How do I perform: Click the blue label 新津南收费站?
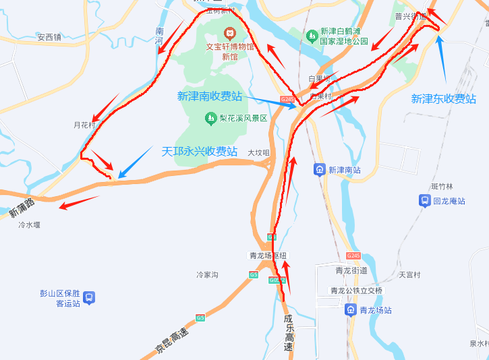(209, 96)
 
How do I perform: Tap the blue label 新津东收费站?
(443, 99)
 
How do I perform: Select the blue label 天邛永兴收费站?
(199, 152)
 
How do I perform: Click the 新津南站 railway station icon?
(319, 170)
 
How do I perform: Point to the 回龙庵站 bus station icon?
(425, 201)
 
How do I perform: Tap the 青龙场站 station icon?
(351, 310)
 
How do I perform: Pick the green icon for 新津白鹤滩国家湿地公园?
(311, 35)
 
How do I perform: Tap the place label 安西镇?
(49, 37)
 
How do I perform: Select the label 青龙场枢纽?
(268, 256)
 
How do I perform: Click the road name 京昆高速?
(172, 340)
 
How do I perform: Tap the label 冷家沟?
(207, 275)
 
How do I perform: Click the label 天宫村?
(409, 275)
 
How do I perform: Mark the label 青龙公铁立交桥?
(355, 291)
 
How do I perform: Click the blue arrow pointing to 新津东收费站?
(442, 61)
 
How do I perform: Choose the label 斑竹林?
(442, 186)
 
